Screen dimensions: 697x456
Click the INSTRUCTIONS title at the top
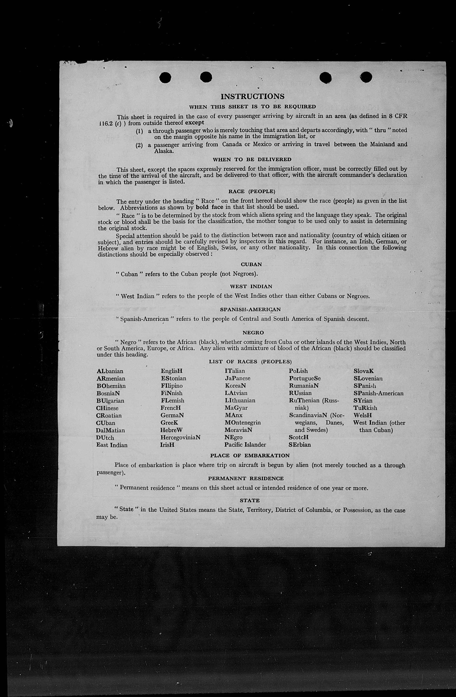coord(252,97)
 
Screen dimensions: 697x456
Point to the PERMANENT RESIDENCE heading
coord(246,479)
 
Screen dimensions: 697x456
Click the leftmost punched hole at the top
coord(165,78)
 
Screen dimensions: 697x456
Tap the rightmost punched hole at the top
coord(366,78)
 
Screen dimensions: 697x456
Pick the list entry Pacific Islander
coord(245,445)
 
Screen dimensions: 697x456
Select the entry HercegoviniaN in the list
coord(180,438)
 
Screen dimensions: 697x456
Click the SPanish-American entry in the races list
coord(378,393)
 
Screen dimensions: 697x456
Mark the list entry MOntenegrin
coord(243,423)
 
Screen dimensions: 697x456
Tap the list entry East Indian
coord(112,445)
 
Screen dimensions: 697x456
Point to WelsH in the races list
coord(362,415)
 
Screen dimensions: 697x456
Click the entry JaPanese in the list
coord(238,378)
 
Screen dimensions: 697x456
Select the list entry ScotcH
coord(298,438)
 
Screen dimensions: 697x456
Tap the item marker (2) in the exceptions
coord(139,145)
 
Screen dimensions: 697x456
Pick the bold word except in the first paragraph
coord(194,123)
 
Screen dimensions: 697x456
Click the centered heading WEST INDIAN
coord(251,287)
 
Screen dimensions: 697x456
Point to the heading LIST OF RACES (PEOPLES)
coord(250,362)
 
